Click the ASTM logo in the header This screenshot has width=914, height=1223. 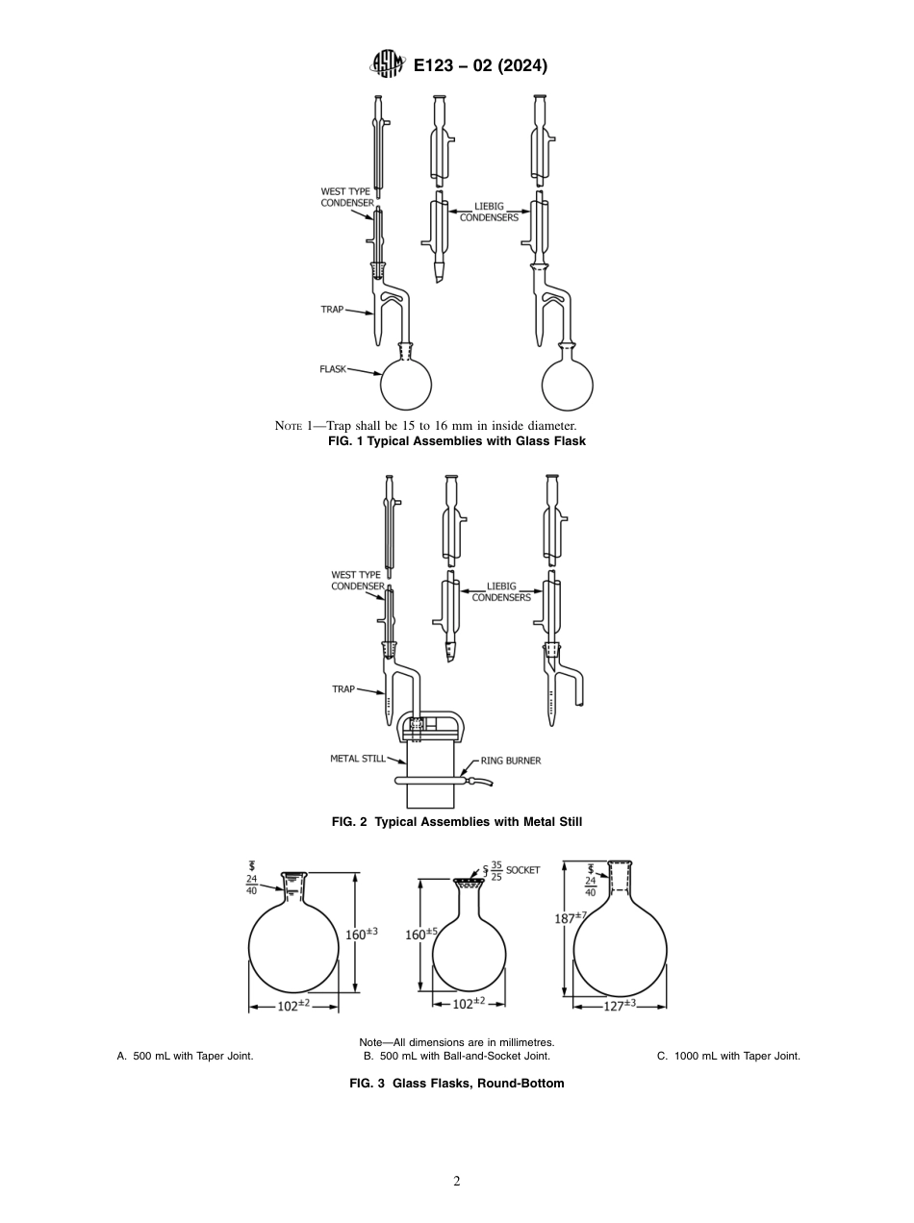click(x=388, y=65)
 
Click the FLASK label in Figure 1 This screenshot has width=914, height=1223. click(x=333, y=368)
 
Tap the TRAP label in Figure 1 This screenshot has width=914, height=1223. click(x=332, y=310)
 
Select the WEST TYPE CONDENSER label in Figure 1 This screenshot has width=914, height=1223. click(x=346, y=198)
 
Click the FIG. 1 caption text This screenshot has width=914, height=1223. click(x=457, y=441)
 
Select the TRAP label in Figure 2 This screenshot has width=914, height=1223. click(x=343, y=689)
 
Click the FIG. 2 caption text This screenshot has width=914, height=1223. click(x=457, y=822)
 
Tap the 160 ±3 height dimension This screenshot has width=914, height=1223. click(x=362, y=933)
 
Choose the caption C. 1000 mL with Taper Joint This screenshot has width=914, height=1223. click(x=728, y=1056)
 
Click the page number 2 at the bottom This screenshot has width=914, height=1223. click(x=457, y=1182)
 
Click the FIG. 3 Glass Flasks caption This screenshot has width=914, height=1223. click(x=456, y=1084)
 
